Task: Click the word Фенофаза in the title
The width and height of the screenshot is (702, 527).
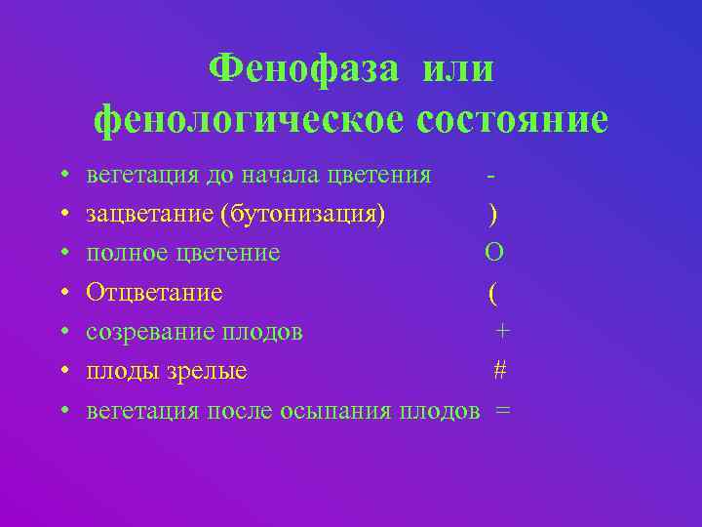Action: point(303,70)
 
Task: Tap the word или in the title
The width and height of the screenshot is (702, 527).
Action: point(458,70)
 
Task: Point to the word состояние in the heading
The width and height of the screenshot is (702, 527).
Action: point(512,120)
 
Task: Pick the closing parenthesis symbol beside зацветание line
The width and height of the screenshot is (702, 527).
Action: point(493,214)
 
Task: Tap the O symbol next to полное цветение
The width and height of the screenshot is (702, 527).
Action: point(494,253)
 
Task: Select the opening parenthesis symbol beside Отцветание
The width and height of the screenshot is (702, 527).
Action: point(493,292)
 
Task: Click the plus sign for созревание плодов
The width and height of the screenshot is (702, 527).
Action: point(501,332)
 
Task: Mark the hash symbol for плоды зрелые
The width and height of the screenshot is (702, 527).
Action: point(499,371)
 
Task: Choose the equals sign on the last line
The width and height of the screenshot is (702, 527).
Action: point(502,411)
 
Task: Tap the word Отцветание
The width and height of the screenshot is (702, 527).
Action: point(154,292)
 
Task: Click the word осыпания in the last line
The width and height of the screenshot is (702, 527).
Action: point(336,411)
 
